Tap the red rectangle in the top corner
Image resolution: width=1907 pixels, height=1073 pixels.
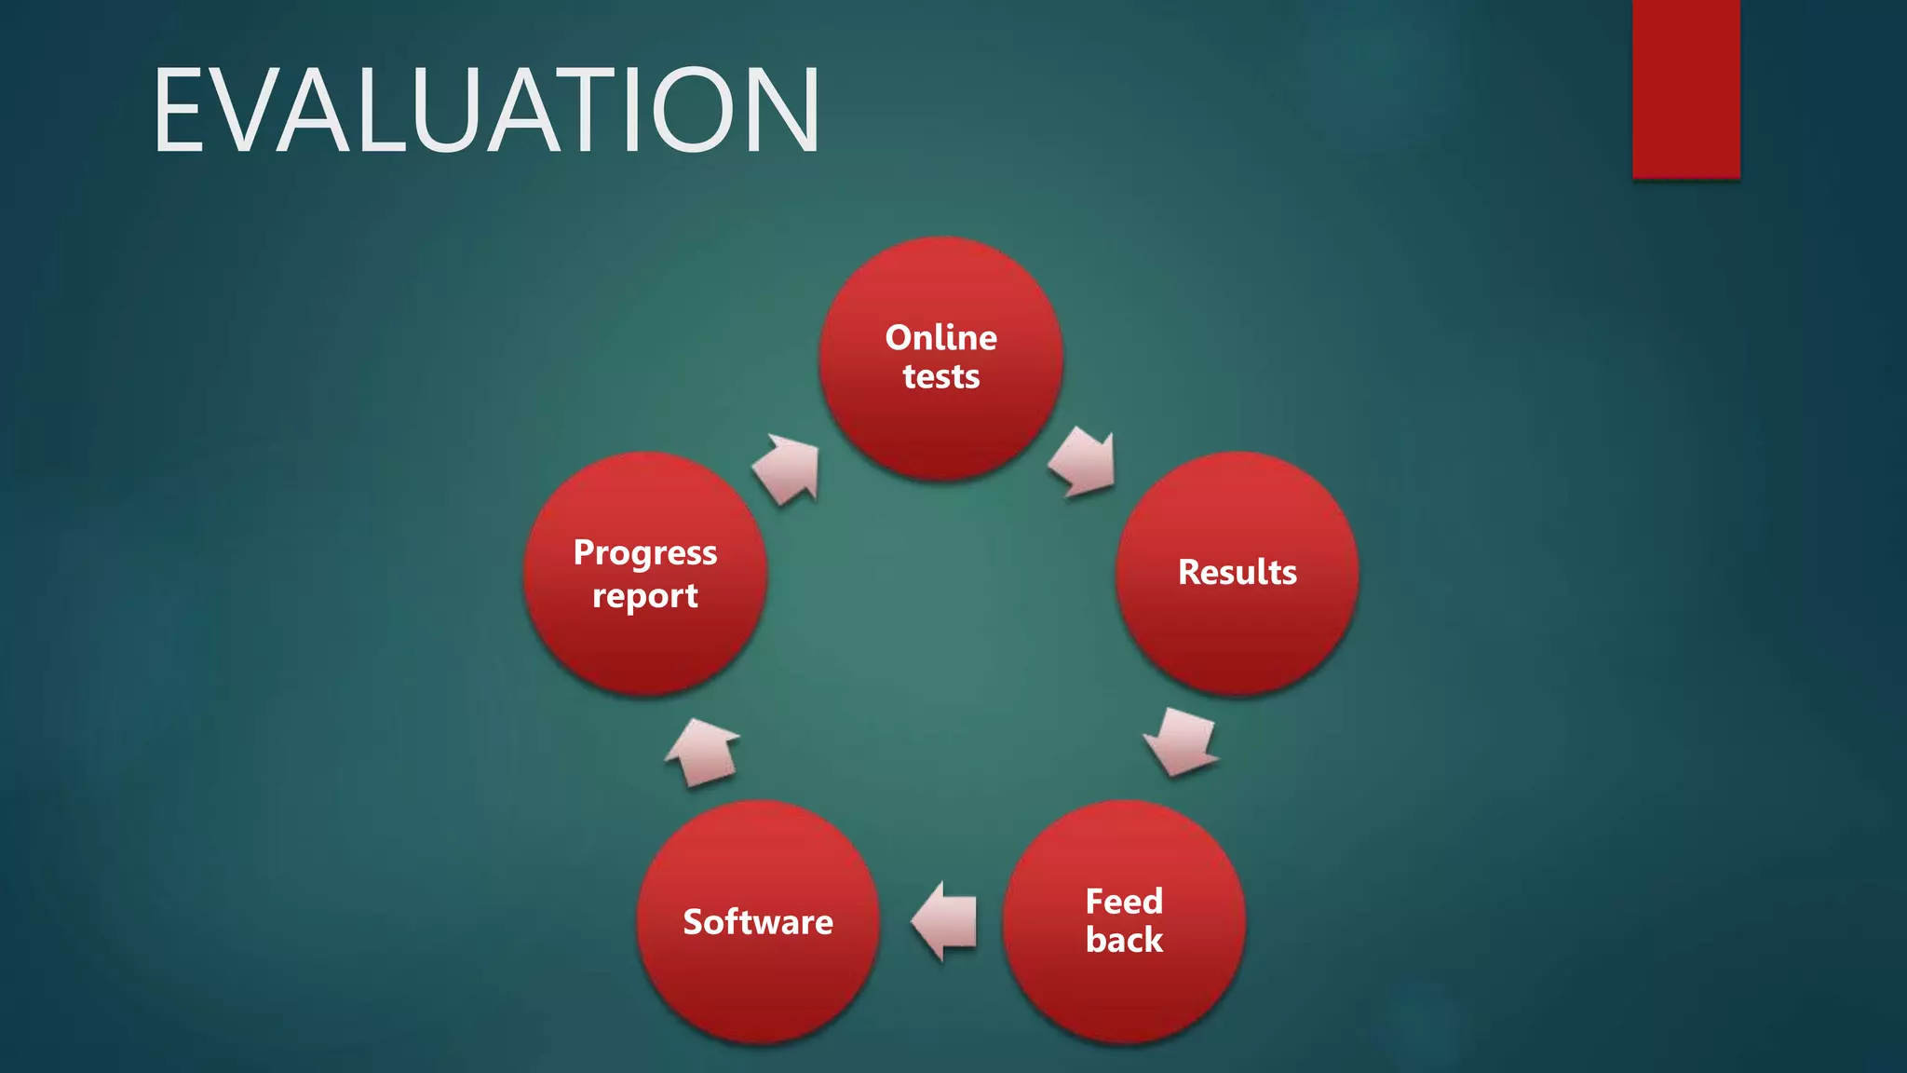click(x=1685, y=88)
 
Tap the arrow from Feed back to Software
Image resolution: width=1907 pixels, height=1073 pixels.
click(x=945, y=921)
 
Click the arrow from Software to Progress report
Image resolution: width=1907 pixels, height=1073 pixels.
click(x=703, y=752)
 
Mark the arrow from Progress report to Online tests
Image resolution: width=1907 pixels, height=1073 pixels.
click(x=788, y=469)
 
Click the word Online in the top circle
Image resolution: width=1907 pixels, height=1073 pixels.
click(x=940, y=337)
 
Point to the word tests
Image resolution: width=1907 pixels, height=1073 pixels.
click(x=940, y=376)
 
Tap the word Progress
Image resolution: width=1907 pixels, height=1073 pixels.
click(x=644, y=552)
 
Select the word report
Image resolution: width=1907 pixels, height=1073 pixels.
click(x=644, y=595)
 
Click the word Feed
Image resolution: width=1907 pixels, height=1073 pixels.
click(x=1124, y=901)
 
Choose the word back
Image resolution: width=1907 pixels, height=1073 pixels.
click(x=1124, y=940)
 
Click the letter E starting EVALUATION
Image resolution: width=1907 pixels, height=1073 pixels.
click(x=180, y=110)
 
